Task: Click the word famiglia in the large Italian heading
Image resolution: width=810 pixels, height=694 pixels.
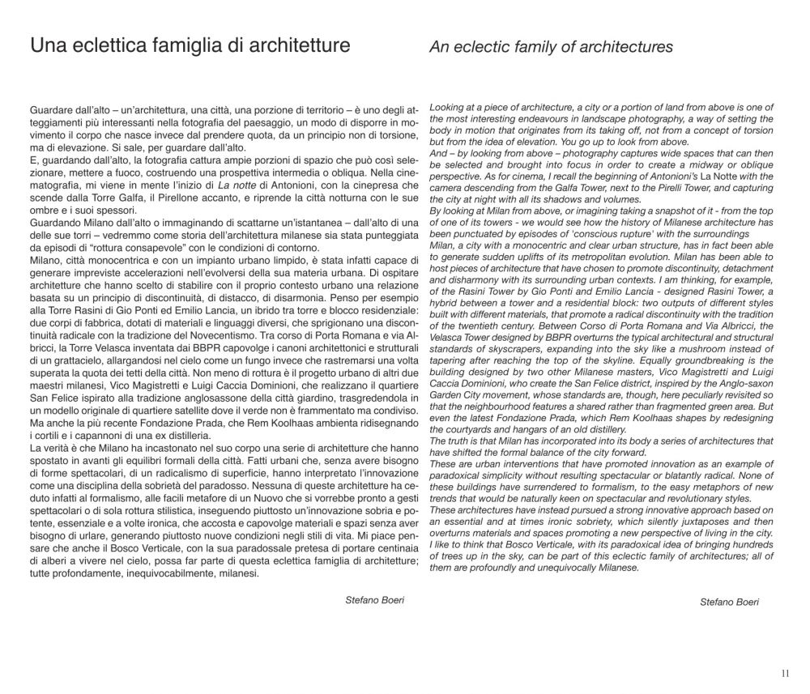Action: (x=180, y=46)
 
